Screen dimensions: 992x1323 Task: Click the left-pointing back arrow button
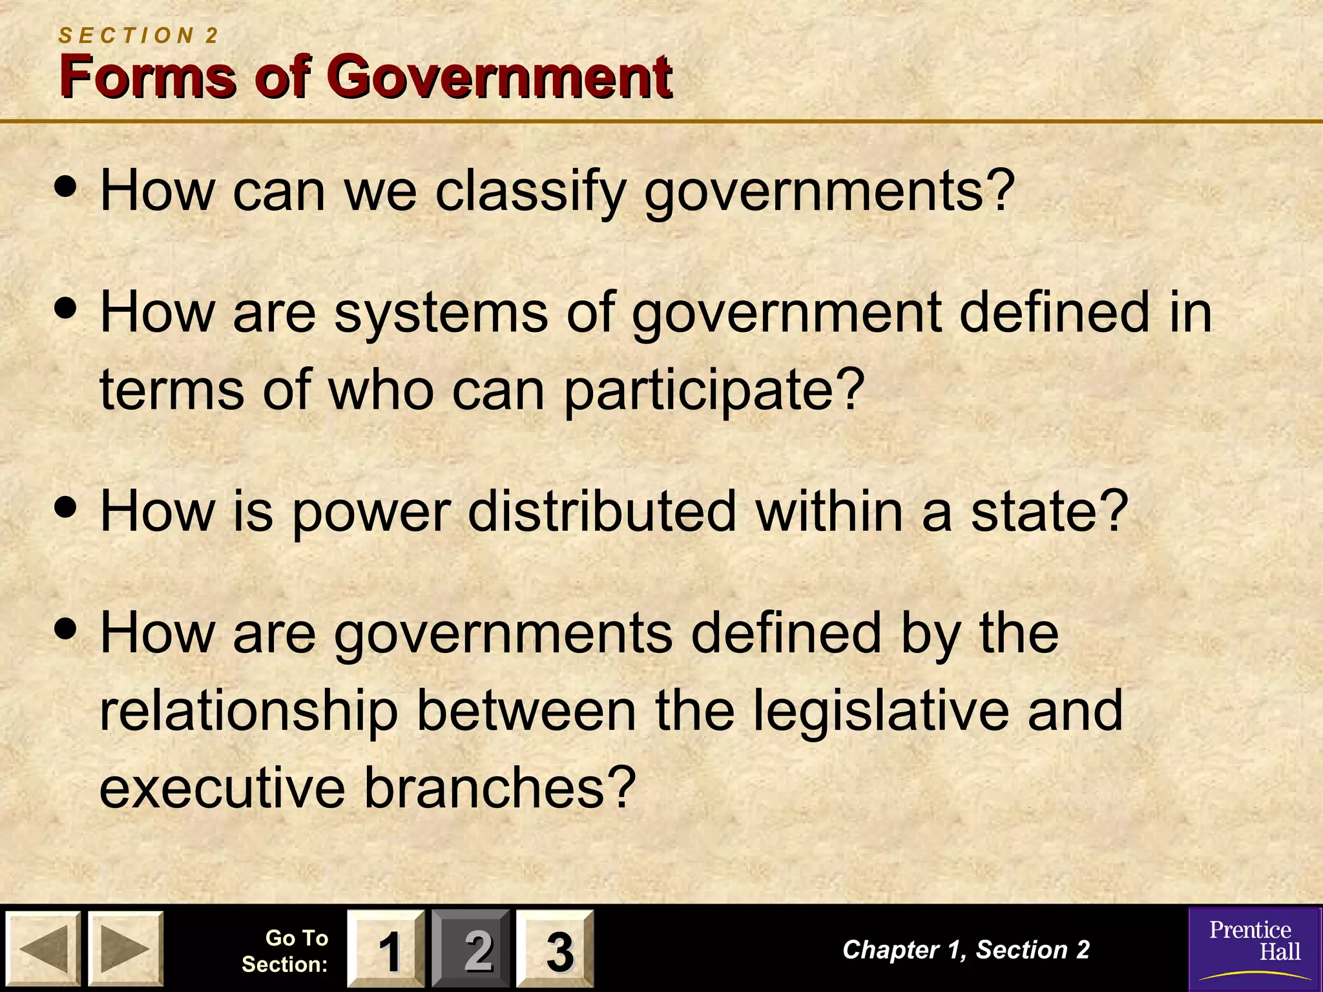tap(43, 948)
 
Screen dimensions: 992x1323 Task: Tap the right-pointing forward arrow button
tap(125, 948)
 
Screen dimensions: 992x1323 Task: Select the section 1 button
tap(386, 949)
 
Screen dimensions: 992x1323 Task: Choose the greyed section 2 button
tap(471, 949)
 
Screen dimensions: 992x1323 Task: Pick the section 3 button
tap(555, 949)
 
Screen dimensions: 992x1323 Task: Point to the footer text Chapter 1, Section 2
tap(966, 949)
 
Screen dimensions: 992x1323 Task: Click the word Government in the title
tap(502, 77)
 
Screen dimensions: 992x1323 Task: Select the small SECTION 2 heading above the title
tap(139, 36)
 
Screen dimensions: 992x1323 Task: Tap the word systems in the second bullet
tap(441, 313)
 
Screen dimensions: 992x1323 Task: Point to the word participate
tap(714, 390)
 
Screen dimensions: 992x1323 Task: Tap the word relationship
tap(249, 711)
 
